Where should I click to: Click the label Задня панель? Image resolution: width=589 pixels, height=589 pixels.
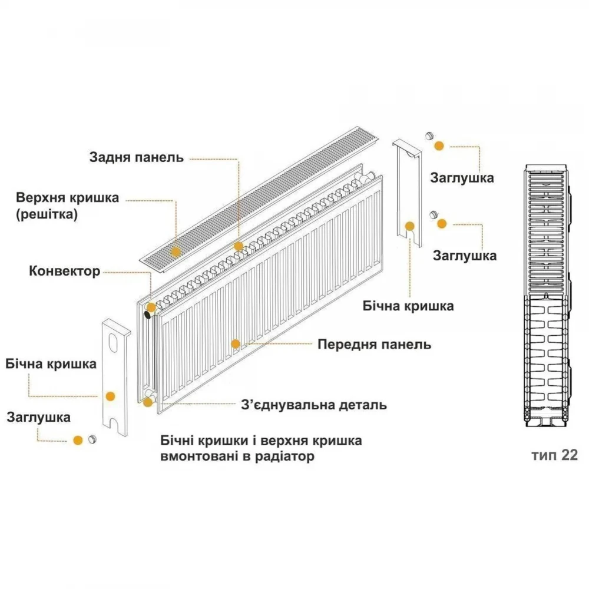[x=137, y=157]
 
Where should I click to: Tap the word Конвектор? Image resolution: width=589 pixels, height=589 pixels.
[x=65, y=271]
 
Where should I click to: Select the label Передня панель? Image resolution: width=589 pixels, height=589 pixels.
[x=374, y=345]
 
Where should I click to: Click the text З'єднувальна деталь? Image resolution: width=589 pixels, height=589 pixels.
[x=314, y=405]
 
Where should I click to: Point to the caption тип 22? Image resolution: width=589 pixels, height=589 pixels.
[x=554, y=455]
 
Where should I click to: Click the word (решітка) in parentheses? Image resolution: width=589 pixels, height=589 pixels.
[x=47, y=214]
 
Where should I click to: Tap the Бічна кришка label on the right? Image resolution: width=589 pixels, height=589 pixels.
[x=408, y=306]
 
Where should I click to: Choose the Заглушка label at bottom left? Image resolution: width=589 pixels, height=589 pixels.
[x=38, y=418]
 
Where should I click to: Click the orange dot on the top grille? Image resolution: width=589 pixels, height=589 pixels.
[x=176, y=252]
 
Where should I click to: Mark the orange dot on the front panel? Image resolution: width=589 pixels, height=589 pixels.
[x=236, y=344]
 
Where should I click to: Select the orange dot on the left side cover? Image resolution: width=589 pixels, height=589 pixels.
[x=110, y=396]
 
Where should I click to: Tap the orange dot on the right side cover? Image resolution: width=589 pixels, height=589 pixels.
[x=409, y=226]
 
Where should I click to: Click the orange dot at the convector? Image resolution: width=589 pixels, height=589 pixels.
[x=151, y=307]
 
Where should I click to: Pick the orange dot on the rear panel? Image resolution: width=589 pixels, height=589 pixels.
[x=239, y=246]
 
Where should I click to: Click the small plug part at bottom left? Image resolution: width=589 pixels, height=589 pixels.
[x=92, y=439]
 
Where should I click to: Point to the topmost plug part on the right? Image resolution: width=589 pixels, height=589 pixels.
[x=430, y=136]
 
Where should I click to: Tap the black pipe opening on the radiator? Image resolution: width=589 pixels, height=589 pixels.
[x=147, y=315]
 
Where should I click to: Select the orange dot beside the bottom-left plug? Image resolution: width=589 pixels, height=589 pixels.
[x=78, y=440]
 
